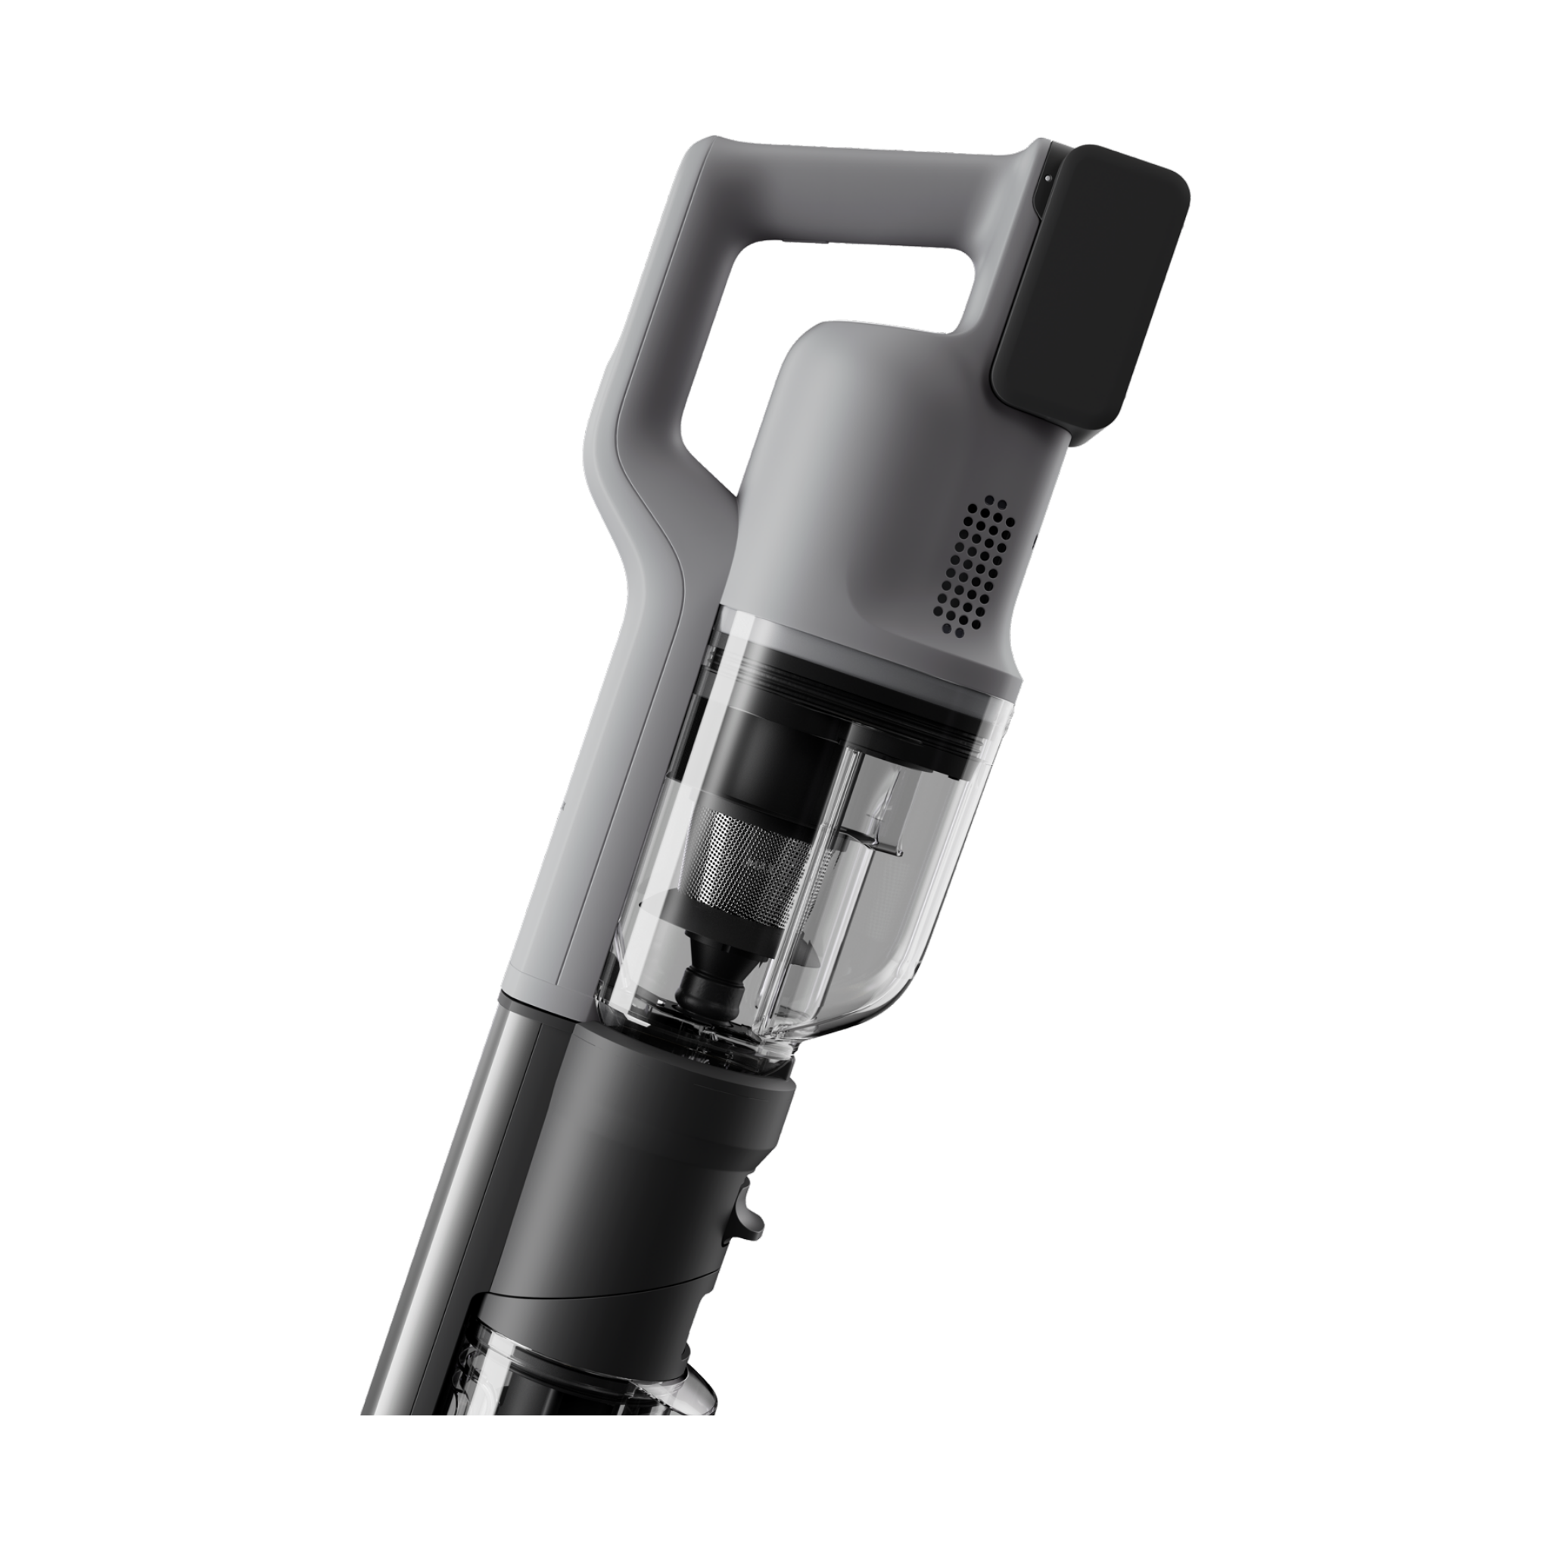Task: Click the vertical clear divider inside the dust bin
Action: [x=851, y=842]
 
